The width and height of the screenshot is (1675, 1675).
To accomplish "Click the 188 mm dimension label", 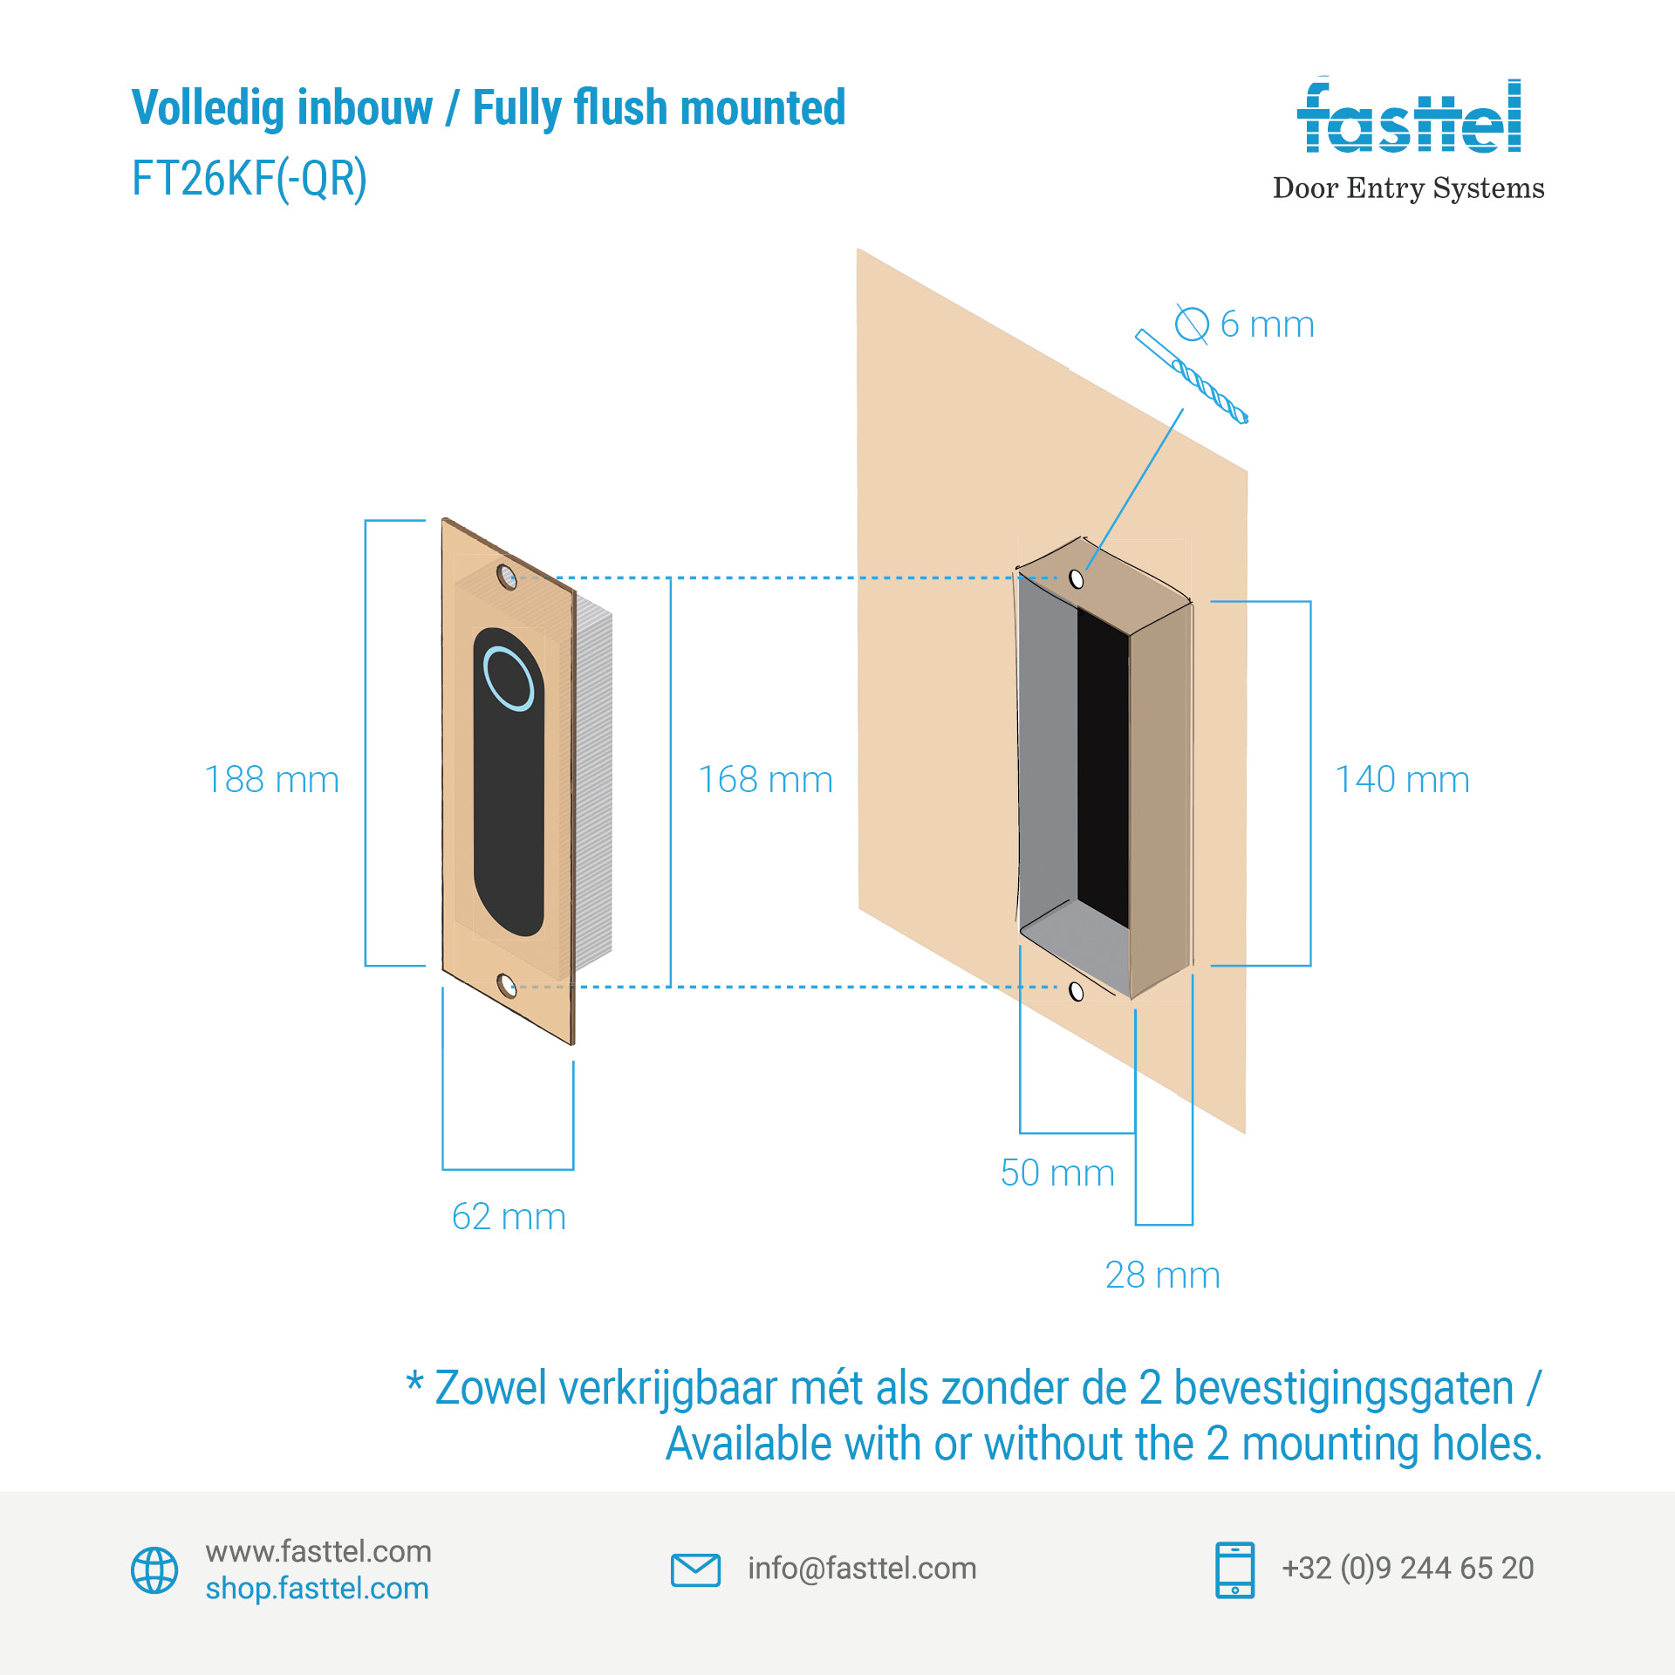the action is point(271,780).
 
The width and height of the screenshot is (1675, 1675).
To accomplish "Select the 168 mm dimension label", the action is point(765,780).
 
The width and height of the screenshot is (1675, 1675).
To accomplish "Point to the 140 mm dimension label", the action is point(1402,780).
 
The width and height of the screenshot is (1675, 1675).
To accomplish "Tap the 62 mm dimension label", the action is point(509,1217).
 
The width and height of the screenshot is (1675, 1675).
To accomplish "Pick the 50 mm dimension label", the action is point(1057,1173).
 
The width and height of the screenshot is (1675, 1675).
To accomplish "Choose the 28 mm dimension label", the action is point(1162,1275).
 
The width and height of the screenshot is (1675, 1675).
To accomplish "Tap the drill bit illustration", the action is point(1192,376).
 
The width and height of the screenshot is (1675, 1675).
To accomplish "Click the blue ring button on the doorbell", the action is point(509,679).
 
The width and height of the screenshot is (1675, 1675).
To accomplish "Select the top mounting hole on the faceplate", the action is point(506,576).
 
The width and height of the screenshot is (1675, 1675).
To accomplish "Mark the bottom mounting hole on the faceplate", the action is point(506,986).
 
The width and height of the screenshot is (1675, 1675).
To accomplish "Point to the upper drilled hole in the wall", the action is point(1077,578).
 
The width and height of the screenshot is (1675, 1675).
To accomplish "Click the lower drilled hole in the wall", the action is point(1077,991).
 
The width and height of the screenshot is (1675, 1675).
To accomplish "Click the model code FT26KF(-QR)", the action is point(250,179).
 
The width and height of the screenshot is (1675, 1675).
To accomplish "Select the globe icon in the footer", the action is point(154,1570).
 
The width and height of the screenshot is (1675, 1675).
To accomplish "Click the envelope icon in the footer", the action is point(695,1569).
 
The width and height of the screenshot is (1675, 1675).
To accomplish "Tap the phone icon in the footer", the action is point(1234,1569).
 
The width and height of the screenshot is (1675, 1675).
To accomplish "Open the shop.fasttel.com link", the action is point(318,1589).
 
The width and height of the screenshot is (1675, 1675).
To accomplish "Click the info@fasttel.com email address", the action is point(862,1569).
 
